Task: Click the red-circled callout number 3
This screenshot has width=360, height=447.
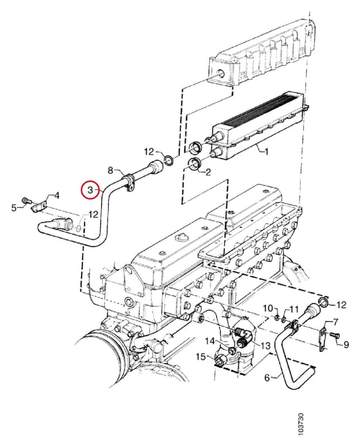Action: coord(90,190)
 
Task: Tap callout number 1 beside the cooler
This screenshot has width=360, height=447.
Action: coord(266,151)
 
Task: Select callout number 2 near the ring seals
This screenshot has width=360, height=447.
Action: coord(208,172)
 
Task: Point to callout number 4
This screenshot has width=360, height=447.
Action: coord(57,196)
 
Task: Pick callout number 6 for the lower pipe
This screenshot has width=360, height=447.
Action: coord(267,378)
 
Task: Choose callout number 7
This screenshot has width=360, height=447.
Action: coord(335,322)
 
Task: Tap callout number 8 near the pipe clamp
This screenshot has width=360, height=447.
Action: coord(111,171)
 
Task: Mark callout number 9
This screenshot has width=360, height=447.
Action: coord(345,345)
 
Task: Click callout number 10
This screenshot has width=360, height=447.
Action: coord(267,308)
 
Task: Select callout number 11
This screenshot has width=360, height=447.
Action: coord(294,309)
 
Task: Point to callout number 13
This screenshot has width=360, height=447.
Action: coord(265,346)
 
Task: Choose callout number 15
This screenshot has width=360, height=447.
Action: coord(201,356)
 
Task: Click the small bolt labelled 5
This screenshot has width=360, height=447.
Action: coord(26,201)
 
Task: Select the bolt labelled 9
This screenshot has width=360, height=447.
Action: coord(335,336)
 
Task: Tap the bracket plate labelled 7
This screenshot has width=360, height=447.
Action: coord(323,339)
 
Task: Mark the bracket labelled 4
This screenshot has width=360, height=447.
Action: coord(39,206)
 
